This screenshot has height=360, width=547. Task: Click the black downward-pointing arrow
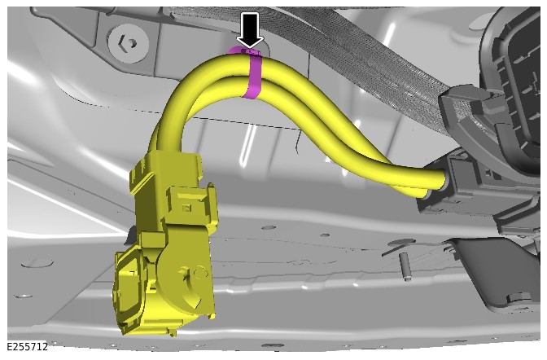250,29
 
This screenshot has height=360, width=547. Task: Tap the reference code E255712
27,347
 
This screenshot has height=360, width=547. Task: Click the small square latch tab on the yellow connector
187,209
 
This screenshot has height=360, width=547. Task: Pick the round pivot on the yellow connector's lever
199,272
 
